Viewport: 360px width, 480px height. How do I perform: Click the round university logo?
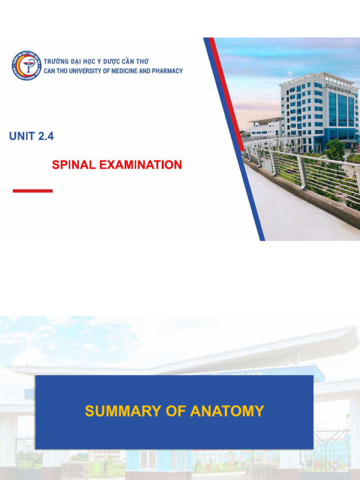click(26, 66)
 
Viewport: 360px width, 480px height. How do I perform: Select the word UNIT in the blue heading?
click(22, 136)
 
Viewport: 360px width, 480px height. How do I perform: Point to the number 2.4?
click(46, 136)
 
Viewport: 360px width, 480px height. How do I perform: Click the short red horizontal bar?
click(32, 191)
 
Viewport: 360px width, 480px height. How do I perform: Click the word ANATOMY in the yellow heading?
click(227, 412)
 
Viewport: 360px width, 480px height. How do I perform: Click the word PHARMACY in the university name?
click(165, 71)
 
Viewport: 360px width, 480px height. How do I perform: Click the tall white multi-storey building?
click(305, 108)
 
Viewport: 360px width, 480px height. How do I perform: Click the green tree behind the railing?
click(335, 150)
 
